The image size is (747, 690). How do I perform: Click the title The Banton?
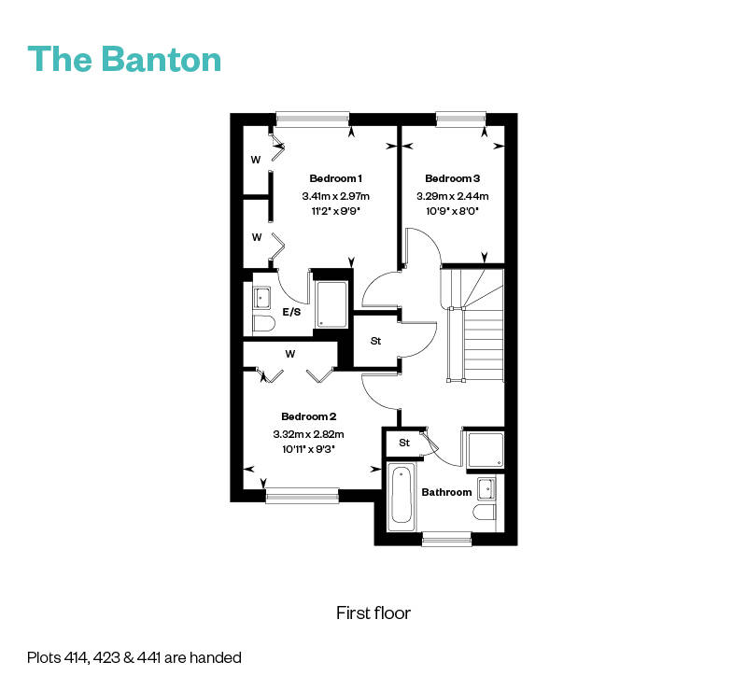124,59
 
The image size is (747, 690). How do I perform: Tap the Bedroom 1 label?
335,178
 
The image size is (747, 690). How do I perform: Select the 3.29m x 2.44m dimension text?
453,196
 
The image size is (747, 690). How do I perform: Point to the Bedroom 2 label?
309,416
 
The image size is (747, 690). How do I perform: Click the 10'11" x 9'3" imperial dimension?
309,449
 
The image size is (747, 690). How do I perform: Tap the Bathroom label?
446,492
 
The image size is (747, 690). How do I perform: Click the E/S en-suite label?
291,312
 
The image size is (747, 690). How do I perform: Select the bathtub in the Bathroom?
401,497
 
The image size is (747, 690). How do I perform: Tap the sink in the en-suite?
261,298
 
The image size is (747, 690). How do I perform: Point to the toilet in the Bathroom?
485,514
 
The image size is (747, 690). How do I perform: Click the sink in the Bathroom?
486,489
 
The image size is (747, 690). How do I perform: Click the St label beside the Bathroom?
404,443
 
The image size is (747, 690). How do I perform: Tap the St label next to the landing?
375,341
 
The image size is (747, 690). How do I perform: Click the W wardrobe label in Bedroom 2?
290,354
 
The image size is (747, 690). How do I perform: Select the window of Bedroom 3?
460,120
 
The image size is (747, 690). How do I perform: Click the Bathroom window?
446,539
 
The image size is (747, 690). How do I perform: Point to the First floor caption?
373,613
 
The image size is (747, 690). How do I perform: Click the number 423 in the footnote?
104,657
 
